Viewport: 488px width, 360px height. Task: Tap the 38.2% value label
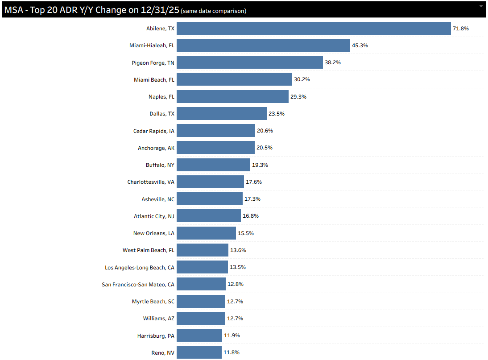click(333, 62)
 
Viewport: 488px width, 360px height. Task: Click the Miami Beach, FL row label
click(154, 80)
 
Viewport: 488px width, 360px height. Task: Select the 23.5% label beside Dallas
click(277, 114)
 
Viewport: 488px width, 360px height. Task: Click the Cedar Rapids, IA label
click(154, 131)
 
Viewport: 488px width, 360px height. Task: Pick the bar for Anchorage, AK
click(219, 148)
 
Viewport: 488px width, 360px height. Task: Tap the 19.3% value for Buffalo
click(260, 165)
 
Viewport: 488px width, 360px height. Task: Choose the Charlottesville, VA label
click(151, 182)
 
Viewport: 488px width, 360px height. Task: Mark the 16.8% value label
click(251, 216)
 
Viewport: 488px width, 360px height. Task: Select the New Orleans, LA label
click(154, 233)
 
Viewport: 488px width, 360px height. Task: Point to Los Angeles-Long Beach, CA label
click(140, 267)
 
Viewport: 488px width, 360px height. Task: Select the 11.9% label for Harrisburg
click(232, 335)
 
